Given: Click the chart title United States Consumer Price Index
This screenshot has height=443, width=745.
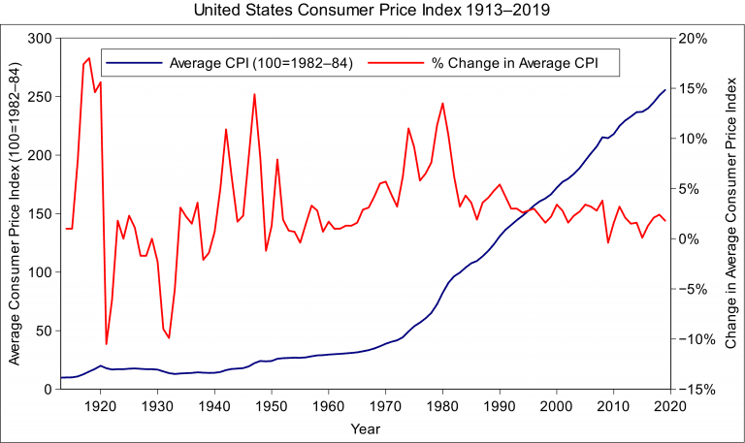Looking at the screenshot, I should pos(372,12).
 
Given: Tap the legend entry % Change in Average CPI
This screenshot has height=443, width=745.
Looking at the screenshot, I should pos(514,63).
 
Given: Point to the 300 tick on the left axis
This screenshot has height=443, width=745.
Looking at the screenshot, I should pos(39,39).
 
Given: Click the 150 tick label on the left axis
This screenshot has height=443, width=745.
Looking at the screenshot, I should pos(39,214).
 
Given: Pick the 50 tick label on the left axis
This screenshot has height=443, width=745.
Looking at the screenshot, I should pos(42,332).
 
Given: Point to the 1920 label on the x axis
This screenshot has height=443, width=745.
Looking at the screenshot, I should pos(100,406).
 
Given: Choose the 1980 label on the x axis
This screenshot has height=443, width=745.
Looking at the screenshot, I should pos(442,406).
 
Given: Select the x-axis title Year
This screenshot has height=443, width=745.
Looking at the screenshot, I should pos(366,427).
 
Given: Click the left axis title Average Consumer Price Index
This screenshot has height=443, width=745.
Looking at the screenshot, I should pos(14,214).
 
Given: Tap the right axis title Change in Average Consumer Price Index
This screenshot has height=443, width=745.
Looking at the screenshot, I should pos(730,214).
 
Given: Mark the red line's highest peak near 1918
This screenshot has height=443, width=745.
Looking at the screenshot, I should pos(89,58).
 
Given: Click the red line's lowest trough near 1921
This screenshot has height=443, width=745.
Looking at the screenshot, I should pos(106,344).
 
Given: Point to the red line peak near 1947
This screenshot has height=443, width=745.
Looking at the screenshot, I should pos(254,94).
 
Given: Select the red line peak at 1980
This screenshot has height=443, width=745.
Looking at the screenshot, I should pos(442,103).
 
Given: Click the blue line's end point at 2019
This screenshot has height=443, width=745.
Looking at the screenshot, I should pos(664,89).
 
